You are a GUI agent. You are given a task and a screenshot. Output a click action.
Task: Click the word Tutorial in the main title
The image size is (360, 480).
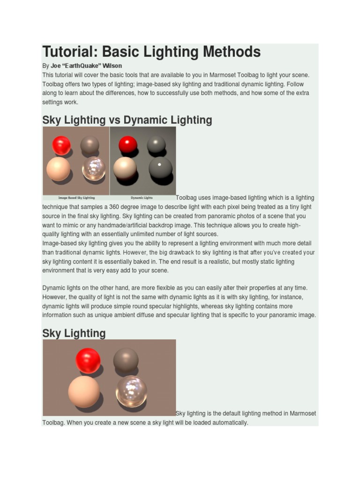pyautogui.click(x=68, y=52)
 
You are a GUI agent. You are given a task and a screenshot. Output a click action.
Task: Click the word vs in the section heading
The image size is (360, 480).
pyautogui.click(x=115, y=120)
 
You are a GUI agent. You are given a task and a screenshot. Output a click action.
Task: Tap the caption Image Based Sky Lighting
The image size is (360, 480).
pyautogui.click(x=76, y=198)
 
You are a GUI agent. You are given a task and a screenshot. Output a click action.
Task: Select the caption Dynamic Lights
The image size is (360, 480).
pyautogui.click(x=142, y=198)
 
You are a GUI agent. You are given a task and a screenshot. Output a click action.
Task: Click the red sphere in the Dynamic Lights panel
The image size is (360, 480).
pyautogui.click(x=127, y=145)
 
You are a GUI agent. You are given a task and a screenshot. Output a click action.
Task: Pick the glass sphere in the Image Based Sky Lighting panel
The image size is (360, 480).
pyautogui.click(x=94, y=169)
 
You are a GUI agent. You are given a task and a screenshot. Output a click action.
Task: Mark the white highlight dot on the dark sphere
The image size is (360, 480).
pyautogui.click(x=159, y=165)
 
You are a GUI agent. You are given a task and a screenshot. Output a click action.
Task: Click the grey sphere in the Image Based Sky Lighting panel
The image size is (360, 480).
pyautogui.click(x=90, y=145)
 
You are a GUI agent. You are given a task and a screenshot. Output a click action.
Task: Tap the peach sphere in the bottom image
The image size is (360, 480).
pyautogui.click(x=84, y=392)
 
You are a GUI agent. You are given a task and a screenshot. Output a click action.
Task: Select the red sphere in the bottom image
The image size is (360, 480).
pyautogui.click(x=88, y=360)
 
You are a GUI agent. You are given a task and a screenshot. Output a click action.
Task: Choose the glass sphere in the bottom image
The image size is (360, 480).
pyautogui.click(x=131, y=391)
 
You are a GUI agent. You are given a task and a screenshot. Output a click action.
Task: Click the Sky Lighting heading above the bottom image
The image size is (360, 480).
pyautogui.click(x=74, y=333)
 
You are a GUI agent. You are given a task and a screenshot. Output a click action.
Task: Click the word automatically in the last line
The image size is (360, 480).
pyautogui.click(x=229, y=422)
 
